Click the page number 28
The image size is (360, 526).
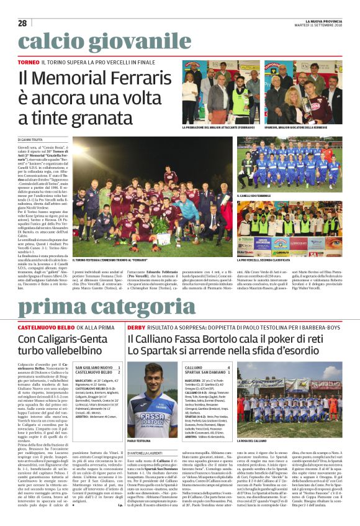22,23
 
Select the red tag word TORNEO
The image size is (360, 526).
29,63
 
